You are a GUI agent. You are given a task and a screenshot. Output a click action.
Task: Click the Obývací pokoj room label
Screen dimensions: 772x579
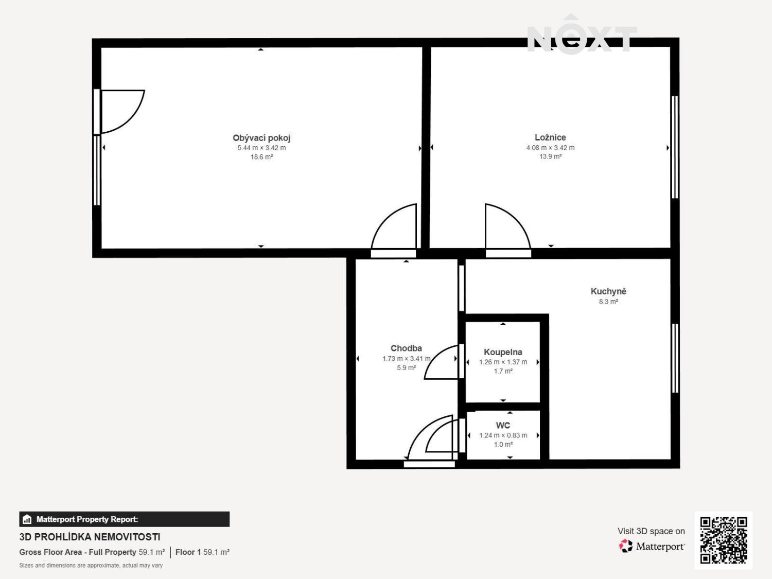(x=261, y=138)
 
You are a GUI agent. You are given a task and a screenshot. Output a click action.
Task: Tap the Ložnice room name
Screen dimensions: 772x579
(x=550, y=137)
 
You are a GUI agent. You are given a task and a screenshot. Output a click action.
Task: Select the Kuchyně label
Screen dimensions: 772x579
(x=608, y=291)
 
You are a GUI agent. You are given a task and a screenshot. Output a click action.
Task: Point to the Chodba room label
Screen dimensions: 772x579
(x=406, y=348)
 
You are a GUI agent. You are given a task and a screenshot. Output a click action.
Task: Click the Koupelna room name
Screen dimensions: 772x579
(x=503, y=352)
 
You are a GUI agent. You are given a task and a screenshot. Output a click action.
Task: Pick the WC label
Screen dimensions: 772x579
(x=503, y=426)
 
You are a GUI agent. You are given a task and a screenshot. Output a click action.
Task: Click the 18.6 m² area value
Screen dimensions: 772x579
(x=261, y=157)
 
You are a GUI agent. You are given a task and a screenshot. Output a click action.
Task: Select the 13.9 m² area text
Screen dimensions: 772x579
(x=550, y=156)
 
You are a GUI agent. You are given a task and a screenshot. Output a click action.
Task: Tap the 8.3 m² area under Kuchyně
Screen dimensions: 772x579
(x=608, y=302)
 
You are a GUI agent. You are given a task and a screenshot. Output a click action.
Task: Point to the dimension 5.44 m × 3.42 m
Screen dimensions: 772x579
(x=261, y=148)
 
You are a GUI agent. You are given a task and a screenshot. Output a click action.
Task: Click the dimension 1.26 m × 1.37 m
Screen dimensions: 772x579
(x=503, y=362)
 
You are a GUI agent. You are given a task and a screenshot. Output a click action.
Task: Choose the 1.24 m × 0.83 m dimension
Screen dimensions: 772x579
(x=503, y=435)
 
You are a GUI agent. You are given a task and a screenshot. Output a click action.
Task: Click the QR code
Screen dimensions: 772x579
(x=724, y=540)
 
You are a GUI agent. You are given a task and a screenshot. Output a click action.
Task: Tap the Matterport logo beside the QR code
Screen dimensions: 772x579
(x=652, y=546)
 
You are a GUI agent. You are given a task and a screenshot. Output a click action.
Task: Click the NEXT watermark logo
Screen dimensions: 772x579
(x=582, y=37)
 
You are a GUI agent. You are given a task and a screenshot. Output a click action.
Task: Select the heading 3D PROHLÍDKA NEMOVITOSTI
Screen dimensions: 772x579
(x=90, y=537)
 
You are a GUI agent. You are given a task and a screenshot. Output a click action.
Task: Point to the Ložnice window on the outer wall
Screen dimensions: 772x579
(x=675, y=147)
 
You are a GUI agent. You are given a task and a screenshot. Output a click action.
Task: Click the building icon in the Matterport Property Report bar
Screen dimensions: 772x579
(x=27, y=519)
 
